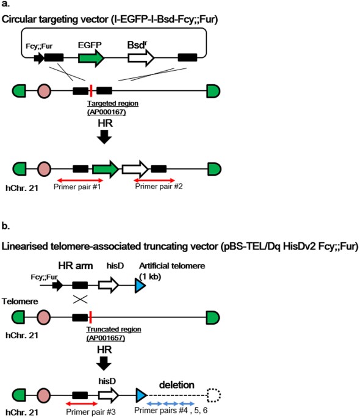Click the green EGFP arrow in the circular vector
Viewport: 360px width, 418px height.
[x=91, y=58]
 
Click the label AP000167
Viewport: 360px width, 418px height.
[x=107, y=112]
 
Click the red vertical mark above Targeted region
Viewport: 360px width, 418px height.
[x=90, y=91]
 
